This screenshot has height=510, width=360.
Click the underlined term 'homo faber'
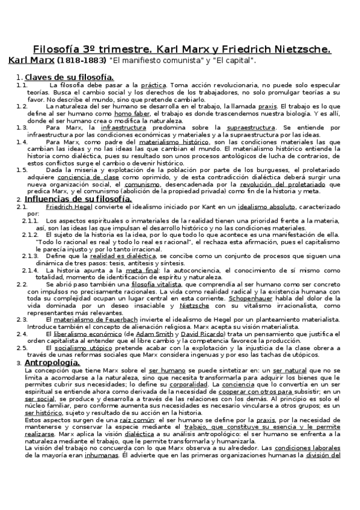point(130,112)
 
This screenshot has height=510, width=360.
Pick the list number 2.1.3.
point(31,256)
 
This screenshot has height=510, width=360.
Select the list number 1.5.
point(22,170)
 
